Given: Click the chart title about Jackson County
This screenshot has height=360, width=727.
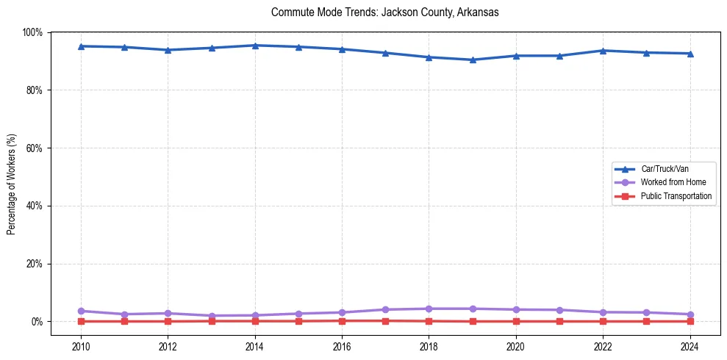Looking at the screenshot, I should [385, 12].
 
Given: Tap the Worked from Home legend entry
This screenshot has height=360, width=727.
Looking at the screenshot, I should [673, 182].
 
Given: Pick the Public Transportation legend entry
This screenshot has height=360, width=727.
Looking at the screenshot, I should [676, 196].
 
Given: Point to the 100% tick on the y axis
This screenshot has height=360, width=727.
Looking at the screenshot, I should [33, 32].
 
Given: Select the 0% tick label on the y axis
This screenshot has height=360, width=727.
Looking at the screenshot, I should [37, 322].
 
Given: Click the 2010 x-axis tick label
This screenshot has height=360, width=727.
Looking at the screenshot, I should [81, 345].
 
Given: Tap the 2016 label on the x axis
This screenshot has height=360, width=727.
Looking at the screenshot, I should [342, 345].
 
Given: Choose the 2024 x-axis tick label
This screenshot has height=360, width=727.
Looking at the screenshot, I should [690, 345].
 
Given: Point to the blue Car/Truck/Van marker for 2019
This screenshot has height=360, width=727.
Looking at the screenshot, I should [473, 60].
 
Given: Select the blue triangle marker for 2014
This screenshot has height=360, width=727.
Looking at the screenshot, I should [255, 46].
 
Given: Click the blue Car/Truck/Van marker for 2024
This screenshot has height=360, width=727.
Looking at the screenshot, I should [690, 54].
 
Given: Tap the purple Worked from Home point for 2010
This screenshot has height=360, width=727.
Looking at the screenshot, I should [81, 312].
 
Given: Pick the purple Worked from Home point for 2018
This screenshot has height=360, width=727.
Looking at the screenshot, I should [429, 309].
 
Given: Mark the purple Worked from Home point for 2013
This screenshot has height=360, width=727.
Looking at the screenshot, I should [212, 316].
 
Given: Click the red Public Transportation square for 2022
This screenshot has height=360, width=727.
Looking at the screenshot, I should [603, 321].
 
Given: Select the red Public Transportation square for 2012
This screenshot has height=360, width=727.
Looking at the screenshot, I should [168, 321].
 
